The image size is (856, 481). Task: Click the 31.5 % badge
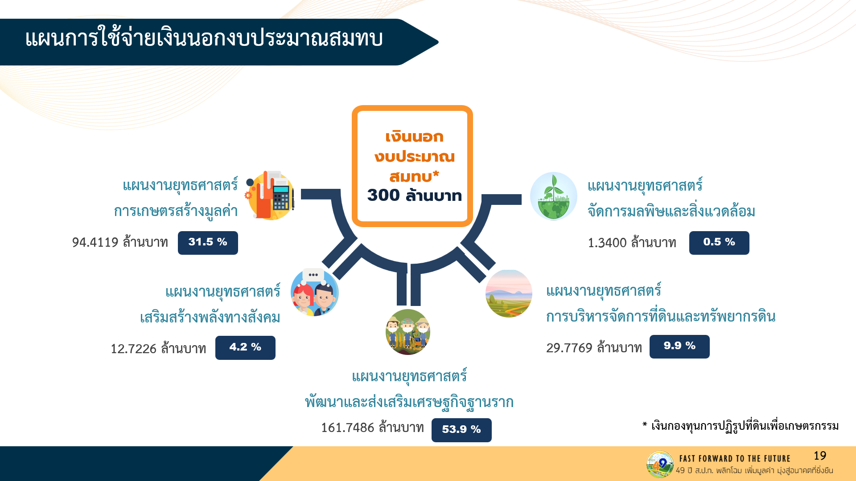point(208,243)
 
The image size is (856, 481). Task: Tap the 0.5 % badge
point(719,243)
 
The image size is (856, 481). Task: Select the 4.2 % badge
point(245,347)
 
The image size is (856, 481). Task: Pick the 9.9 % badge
point(679,346)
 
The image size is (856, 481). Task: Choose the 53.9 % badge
point(461,430)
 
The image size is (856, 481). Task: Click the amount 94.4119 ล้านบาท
point(120,242)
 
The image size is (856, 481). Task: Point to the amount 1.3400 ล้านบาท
point(632,243)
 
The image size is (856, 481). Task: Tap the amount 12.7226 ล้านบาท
point(158,348)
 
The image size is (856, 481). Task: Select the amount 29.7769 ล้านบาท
point(594,347)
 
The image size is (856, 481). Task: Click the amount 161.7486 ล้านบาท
point(372,428)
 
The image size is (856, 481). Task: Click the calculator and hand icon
point(270,195)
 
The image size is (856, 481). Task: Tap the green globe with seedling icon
point(553,196)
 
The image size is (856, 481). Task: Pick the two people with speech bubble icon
point(315,292)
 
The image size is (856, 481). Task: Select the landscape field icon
point(509,293)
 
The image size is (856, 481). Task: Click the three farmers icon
point(407,332)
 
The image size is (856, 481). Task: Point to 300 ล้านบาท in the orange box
point(414,195)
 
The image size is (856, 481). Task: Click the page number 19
point(820,456)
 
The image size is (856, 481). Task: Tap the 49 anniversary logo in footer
point(660,464)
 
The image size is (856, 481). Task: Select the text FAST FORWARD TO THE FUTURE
point(735,458)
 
